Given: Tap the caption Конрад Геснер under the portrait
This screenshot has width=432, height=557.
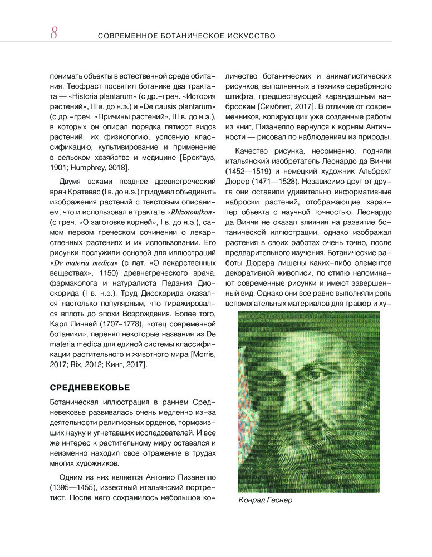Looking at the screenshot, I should [x=265, y=500].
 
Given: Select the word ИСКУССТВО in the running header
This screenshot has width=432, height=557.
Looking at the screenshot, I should [x=248, y=36].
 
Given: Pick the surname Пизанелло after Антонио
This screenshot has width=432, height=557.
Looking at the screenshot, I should [x=192, y=477].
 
